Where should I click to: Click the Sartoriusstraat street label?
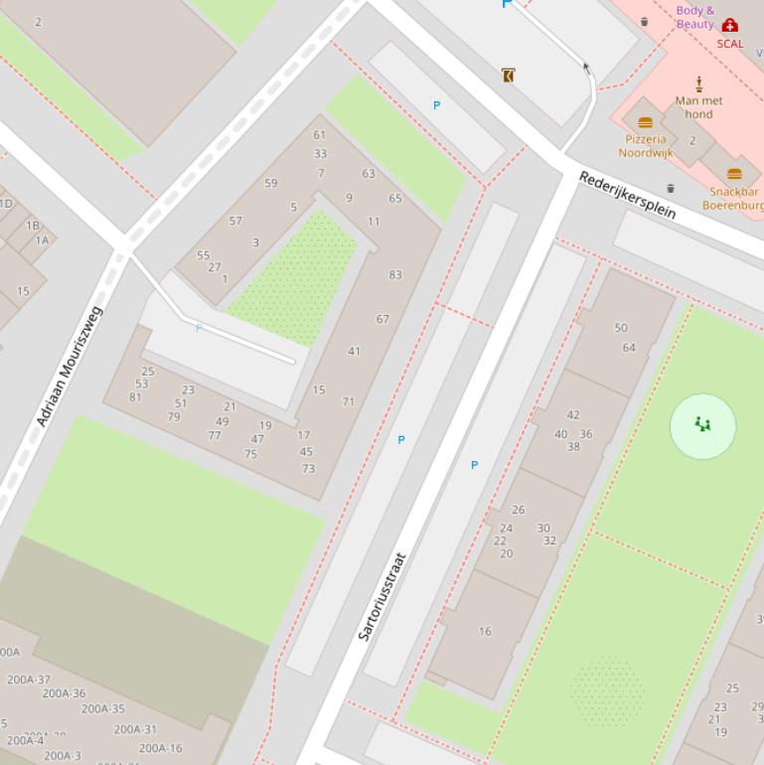382,596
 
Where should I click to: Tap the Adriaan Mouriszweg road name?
70,367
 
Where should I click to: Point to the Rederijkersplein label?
627,196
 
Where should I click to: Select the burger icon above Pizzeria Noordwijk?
645,123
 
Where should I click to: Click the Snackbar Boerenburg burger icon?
734,175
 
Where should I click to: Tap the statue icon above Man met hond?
698,83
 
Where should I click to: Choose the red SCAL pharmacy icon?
730,26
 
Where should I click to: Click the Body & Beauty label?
695,17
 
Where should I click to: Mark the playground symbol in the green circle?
703,425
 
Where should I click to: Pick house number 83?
395,274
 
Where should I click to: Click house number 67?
382,319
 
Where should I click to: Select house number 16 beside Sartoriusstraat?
485,631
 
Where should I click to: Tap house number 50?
621,327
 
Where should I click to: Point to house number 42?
573,415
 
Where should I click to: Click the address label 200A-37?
29,680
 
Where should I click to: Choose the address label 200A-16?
160,748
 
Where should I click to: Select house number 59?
271,183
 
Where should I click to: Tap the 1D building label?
5,204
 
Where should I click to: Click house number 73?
308,469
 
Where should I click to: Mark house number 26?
518,510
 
